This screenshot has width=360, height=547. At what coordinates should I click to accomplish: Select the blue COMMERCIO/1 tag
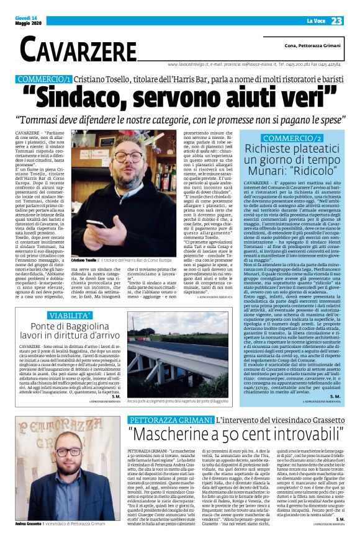point(53,80)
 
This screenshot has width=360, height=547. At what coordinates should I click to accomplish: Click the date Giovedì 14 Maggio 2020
point(27,21)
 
